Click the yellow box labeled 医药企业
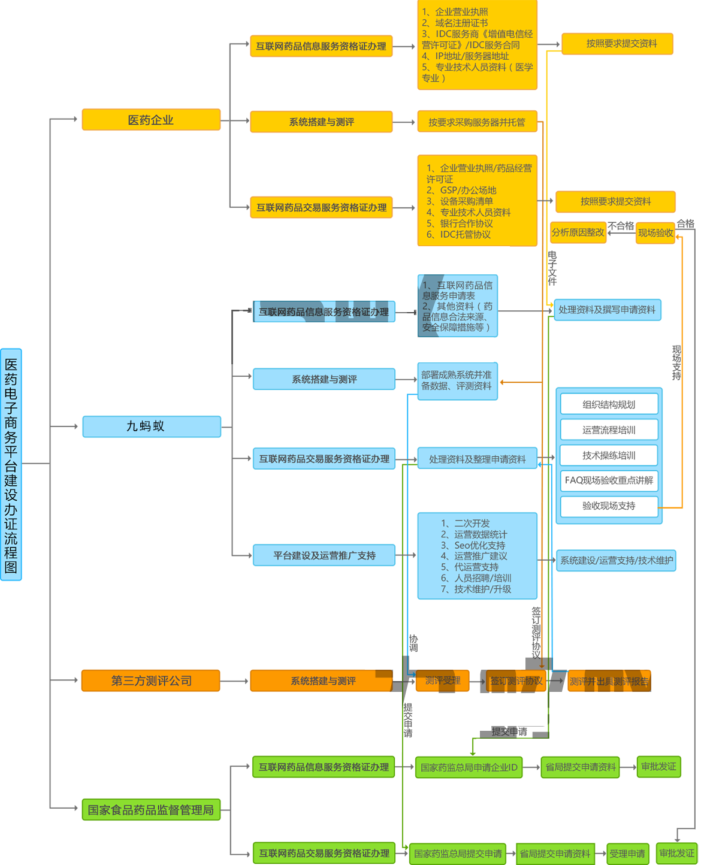point(150,120)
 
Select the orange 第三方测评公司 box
point(151,680)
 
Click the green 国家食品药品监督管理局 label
point(150,810)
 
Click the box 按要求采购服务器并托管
point(476,122)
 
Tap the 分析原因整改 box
point(578,232)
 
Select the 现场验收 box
point(655,232)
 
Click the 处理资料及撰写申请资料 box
point(606,310)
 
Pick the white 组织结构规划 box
point(609,404)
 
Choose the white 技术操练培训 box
point(609,455)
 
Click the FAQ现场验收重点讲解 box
point(609,480)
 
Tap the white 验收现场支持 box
point(609,506)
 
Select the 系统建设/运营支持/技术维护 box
point(616,561)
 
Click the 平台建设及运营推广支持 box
point(324,555)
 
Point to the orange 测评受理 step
point(442,680)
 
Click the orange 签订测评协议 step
point(516,680)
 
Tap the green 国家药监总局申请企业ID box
point(469,767)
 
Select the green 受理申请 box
point(627,854)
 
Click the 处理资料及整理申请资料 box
point(477,459)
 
